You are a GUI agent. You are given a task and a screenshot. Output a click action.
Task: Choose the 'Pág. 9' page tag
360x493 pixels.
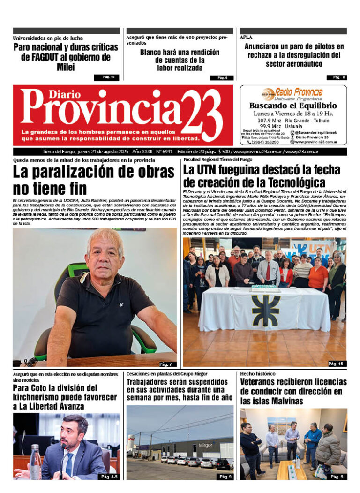tap(225, 477)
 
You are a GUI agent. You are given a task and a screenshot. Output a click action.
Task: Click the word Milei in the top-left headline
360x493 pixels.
tap(65, 68)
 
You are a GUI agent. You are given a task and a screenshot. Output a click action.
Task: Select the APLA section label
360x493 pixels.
tap(246, 38)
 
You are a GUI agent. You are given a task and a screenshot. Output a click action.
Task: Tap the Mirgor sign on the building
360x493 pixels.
tap(205, 445)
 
